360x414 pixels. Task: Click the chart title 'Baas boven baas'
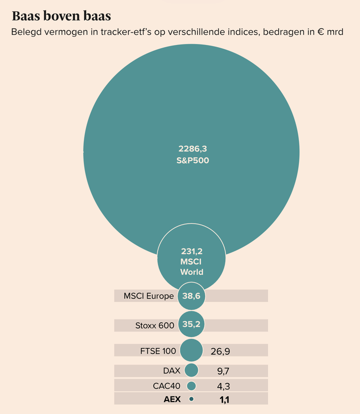[x=62, y=16]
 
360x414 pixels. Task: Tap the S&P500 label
[x=192, y=160]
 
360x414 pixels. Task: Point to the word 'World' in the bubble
[x=192, y=272]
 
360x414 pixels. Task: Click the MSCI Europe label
[x=149, y=296]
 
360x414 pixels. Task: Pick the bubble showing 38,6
[x=192, y=296]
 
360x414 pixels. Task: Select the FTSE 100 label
[x=158, y=351]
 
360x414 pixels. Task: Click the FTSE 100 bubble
[x=192, y=350]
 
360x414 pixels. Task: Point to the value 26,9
[x=220, y=351]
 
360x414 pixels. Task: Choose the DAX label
[x=171, y=371]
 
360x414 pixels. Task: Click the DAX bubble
[x=192, y=370]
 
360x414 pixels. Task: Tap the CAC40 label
[x=167, y=386]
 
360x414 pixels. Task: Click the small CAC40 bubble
[x=192, y=386]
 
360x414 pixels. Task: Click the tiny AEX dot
[x=192, y=399]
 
